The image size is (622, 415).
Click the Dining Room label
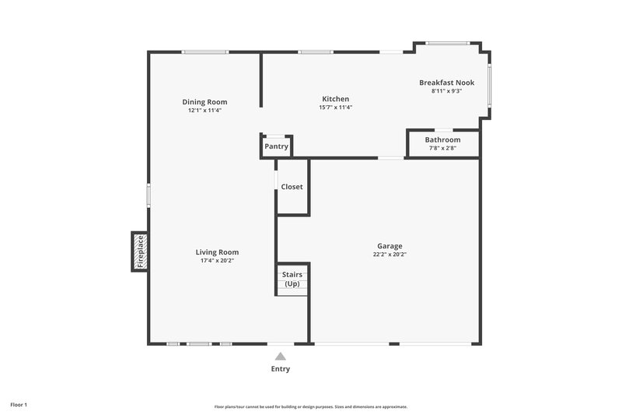pos(204,102)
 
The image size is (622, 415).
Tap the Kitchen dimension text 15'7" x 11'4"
pos(336,107)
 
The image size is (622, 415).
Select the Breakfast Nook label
pos(446,83)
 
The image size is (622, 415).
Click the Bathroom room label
pos(442,140)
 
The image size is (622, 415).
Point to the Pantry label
pos(276,146)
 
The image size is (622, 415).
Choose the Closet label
pos(292,187)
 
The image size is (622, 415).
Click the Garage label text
pos(390,246)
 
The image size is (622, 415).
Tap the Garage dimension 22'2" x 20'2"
pos(390,254)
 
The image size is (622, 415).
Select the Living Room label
pos(217,252)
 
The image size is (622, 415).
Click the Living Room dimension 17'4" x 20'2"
pos(217,261)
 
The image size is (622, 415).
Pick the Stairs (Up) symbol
pos(292,280)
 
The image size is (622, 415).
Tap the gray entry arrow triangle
pos(281,356)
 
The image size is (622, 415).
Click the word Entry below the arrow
pos(281,369)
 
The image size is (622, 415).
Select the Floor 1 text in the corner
pos(19,406)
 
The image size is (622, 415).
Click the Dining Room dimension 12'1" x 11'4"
pos(204,111)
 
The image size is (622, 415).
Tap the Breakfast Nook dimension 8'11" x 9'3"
pos(446,91)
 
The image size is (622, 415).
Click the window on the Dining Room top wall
pos(205,52)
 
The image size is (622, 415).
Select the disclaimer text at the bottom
pos(311,406)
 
